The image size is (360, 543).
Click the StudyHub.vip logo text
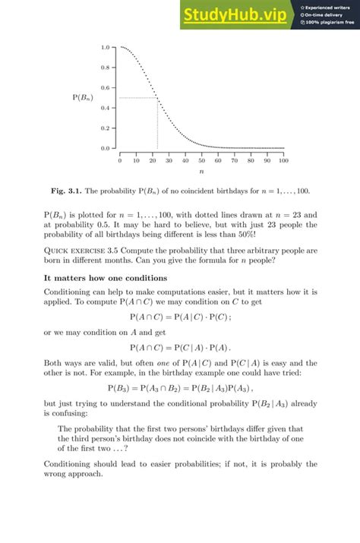(x=238, y=14)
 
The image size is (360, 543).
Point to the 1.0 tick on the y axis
(x=116, y=47)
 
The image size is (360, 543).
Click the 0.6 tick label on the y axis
(x=105, y=87)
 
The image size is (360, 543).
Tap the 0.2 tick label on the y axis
(x=105, y=128)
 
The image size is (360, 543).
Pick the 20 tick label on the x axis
(x=153, y=161)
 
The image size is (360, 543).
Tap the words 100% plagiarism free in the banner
(x=328, y=22)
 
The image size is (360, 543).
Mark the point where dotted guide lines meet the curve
(x=157, y=97)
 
